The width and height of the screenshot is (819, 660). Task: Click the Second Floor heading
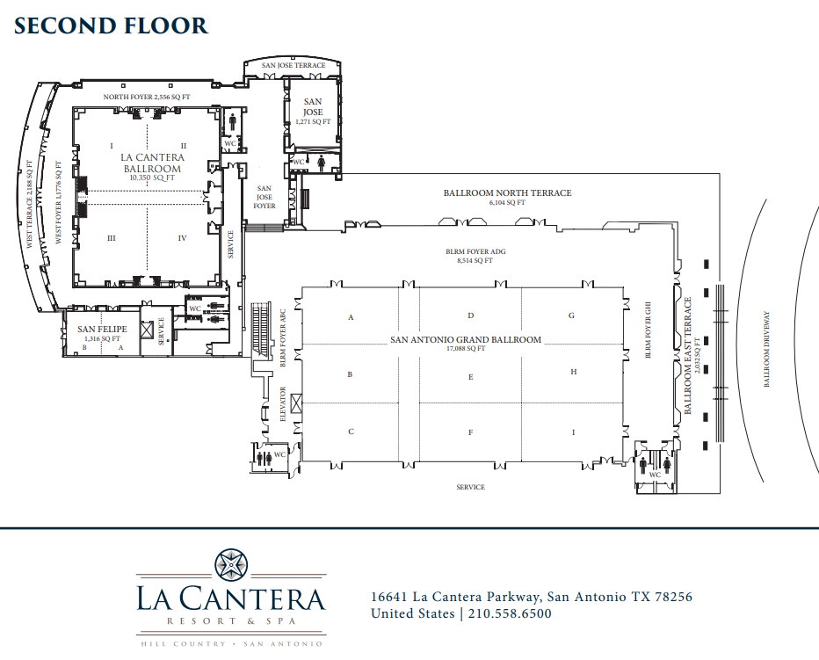coord(111,25)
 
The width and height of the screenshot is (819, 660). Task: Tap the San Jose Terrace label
coord(294,65)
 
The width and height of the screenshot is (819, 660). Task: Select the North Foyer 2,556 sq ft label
coord(147,97)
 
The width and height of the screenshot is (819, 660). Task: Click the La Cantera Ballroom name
coord(152,163)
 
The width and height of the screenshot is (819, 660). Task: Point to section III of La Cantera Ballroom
coord(112,238)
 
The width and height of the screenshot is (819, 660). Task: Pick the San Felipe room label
coord(102,330)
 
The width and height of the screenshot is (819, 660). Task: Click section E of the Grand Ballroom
coord(471,377)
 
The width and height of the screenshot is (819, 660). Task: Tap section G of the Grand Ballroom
coord(571,315)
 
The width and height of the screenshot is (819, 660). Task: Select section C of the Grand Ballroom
coord(351,432)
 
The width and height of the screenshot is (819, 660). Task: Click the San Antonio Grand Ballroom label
coord(466,340)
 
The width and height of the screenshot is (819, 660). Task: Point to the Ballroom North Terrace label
coord(508,192)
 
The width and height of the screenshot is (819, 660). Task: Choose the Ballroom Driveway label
coord(767,349)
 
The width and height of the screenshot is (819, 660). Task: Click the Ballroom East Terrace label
coord(687,355)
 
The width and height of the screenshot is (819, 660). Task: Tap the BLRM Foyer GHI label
coord(649,330)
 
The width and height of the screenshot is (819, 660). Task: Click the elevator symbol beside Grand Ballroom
coord(296,404)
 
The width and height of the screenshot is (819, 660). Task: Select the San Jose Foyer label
coord(265,197)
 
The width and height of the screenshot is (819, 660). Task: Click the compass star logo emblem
coord(231,565)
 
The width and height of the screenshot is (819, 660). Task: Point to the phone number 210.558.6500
coord(510,613)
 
